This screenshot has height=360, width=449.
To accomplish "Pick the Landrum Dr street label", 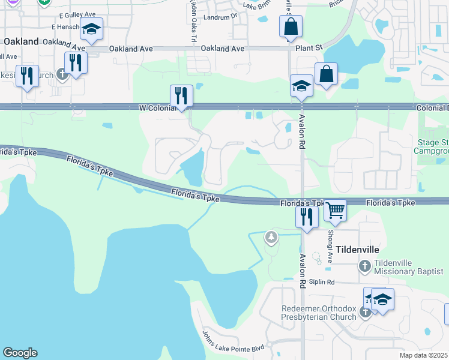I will tap(220, 17).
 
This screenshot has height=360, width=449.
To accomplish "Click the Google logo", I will tap(20, 353).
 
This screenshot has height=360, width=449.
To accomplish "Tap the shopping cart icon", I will tap(336, 211).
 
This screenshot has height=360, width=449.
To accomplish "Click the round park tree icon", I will tap(272, 238).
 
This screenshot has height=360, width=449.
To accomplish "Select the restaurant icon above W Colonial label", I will tap(181, 95).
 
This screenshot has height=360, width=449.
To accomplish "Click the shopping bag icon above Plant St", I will tap(291, 26).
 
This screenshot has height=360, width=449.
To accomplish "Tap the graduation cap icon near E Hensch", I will tap(91, 29).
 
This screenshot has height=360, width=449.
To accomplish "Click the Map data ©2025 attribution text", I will tap(424, 355).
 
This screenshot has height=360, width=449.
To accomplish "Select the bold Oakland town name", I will tap(21, 41).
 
